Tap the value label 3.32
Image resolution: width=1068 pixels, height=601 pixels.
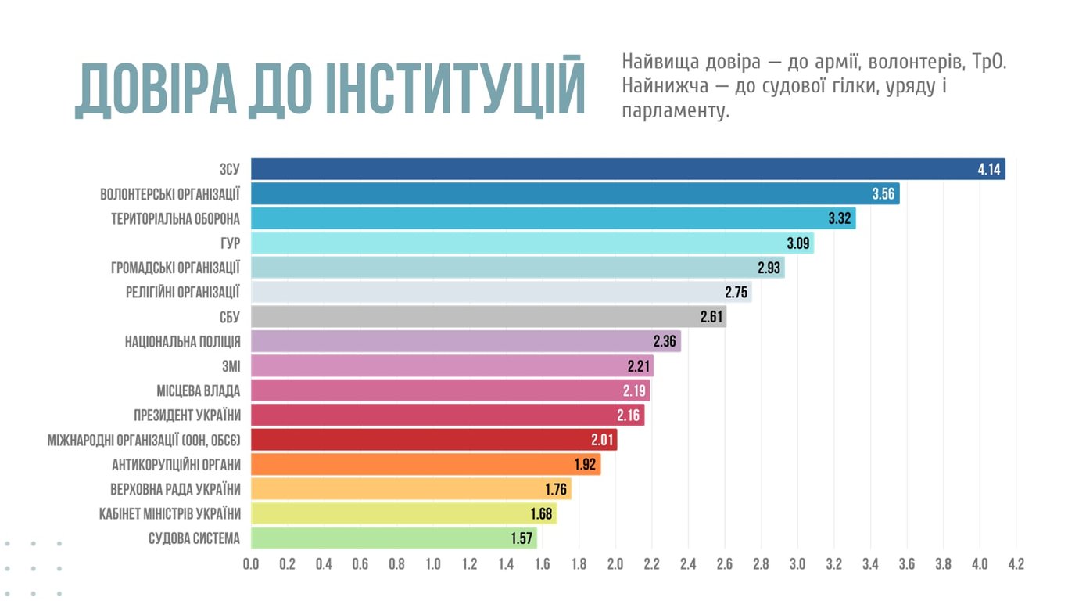[x=839, y=218]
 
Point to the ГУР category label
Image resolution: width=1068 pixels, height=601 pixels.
[x=230, y=243]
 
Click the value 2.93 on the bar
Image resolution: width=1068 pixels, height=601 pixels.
[x=769, y=268]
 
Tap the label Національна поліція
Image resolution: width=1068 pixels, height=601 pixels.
[x=182, y=341]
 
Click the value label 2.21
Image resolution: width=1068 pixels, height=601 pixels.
[x=639, y=366]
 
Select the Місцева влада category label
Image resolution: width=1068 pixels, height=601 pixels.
[x=198, y=390]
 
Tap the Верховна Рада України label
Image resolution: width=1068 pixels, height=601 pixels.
[x=175, y=489]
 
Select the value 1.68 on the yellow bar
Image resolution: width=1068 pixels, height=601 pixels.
[x=541, y=514]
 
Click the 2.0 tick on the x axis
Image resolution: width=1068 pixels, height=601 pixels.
[x=615, y=563]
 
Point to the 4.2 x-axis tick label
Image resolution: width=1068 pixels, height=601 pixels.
[x=1016, y=563]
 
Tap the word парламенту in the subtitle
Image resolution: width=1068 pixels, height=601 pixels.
[x=676, y=111]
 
